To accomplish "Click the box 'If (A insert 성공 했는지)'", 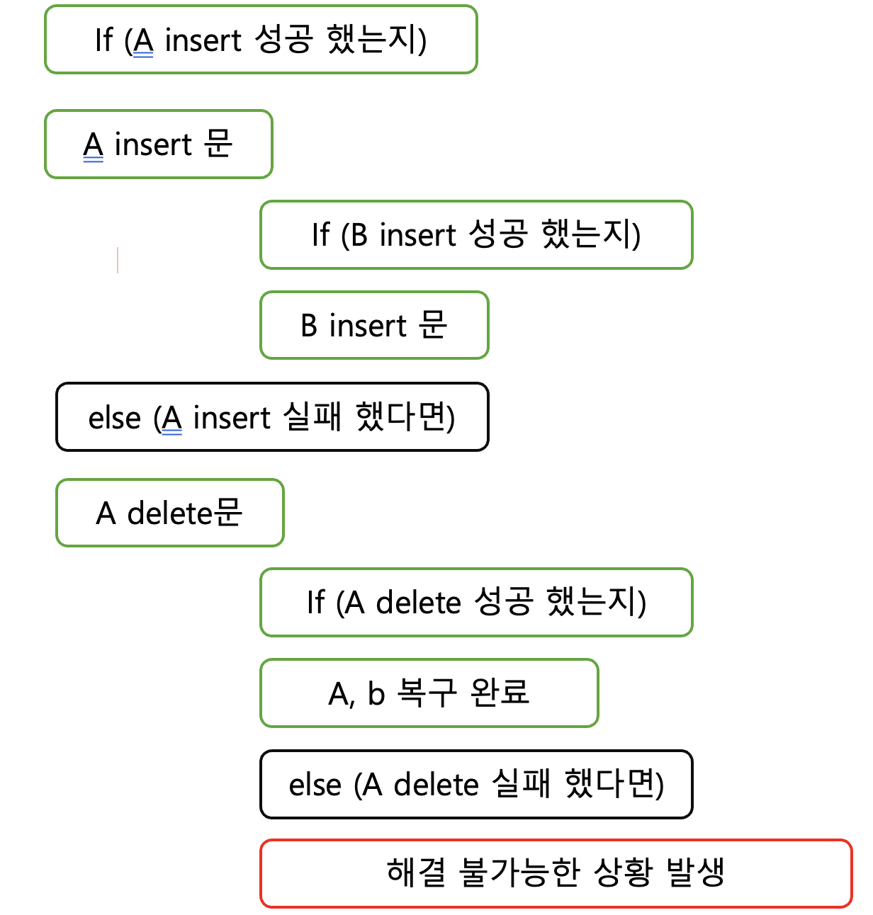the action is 261,40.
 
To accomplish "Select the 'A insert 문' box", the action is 159,144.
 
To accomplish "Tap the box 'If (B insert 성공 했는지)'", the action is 476,235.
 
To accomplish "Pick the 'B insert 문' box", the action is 374,326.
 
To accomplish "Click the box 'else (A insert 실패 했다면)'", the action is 272,417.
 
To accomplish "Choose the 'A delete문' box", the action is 170,513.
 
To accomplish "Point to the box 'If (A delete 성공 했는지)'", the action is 476,603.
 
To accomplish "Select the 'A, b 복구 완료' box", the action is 429,693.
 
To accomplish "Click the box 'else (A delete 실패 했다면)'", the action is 476,785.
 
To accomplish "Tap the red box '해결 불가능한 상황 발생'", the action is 556,873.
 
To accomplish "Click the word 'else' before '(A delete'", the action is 315,785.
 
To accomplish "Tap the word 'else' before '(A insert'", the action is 114,418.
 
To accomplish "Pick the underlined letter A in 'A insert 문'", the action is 94,146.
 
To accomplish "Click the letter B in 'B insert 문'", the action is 309,326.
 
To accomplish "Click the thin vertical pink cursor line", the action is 118,260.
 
